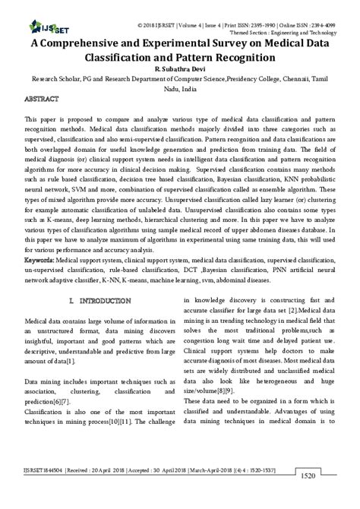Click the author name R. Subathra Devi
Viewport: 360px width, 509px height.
click(179, 68)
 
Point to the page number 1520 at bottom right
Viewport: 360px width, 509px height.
click(307, 498)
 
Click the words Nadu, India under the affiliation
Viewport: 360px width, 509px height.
click(180, 88)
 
